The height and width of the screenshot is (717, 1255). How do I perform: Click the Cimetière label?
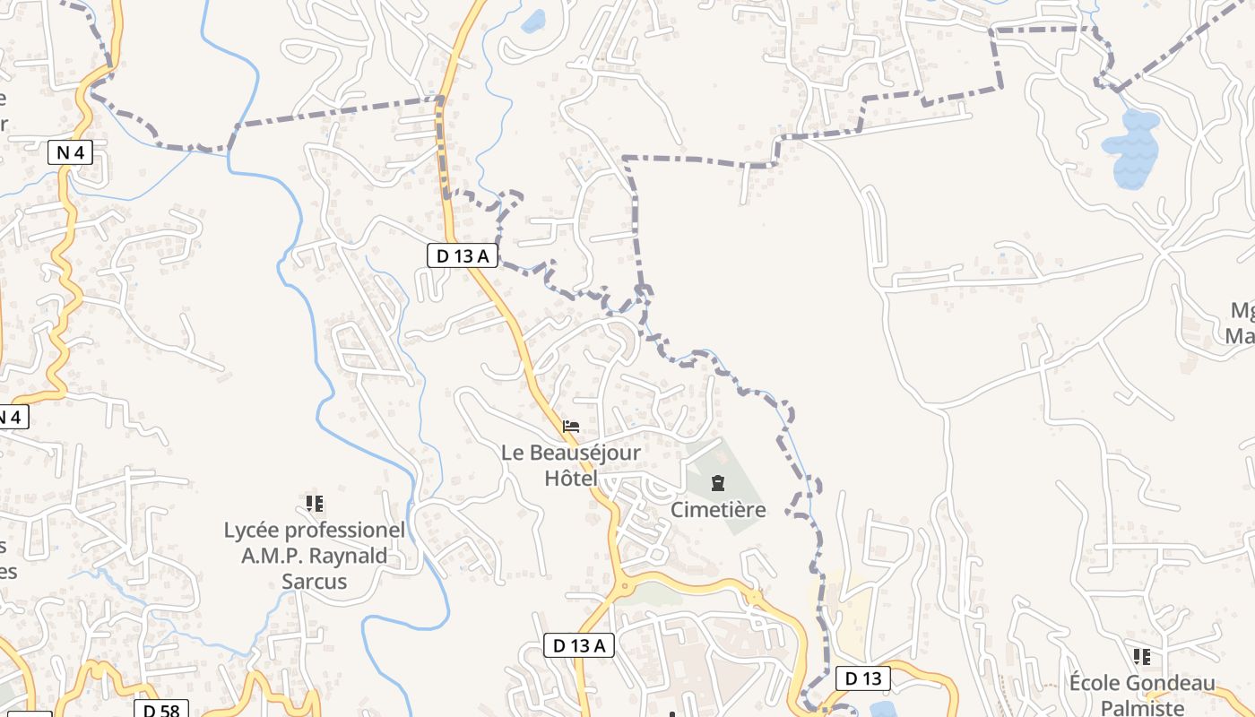[x=718, y=510]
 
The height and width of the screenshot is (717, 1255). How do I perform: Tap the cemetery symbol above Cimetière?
[x=717, y=484]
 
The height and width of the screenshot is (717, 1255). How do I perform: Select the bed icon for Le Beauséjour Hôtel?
[x=571, y=426]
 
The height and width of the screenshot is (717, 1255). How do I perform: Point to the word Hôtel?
[x=570, y=479]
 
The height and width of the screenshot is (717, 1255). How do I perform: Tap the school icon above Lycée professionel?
[x=314, y=504]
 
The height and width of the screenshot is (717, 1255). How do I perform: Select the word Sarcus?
[x=314, y=581]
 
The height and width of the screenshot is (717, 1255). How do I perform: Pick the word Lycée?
[x=251, y=531]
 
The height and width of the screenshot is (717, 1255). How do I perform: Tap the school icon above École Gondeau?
[x=1141, y=657]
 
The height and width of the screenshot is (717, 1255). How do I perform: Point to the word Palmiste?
[x=1141, y=707]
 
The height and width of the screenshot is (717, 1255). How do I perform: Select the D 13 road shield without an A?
[x=862, y=678]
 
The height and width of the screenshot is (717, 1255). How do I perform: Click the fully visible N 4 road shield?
[x=70, y=152]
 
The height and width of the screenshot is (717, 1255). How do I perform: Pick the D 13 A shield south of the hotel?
[x=579, y=645]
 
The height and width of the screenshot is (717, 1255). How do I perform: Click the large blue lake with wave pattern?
[x=1130, y=149]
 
